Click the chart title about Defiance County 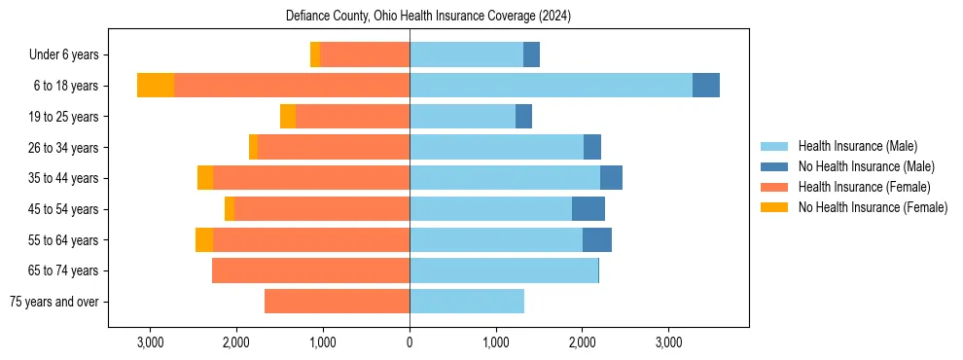(x=429, y=17)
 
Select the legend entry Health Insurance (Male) (x=857, y=146)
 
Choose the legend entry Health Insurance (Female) (x=864, y=187)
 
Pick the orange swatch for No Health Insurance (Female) (x=775, y=207)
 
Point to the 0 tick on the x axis (x=410, y=342)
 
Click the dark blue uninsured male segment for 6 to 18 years (x=706, y=86)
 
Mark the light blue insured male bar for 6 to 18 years (x=551, y=86)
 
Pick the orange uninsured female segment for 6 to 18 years (x=156, y=86)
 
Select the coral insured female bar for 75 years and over (x=337, y=302)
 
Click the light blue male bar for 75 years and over (x=467, y=302)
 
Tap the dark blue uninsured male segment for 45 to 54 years (x=588, y=209)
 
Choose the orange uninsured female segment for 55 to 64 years (x=204, y=239)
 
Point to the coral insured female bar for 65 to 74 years (x=310, y=270)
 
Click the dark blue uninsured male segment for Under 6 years (x=531, y=54)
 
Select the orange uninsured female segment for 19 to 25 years (x=288, y=117)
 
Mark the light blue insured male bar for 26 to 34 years (x=496, y=147)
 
